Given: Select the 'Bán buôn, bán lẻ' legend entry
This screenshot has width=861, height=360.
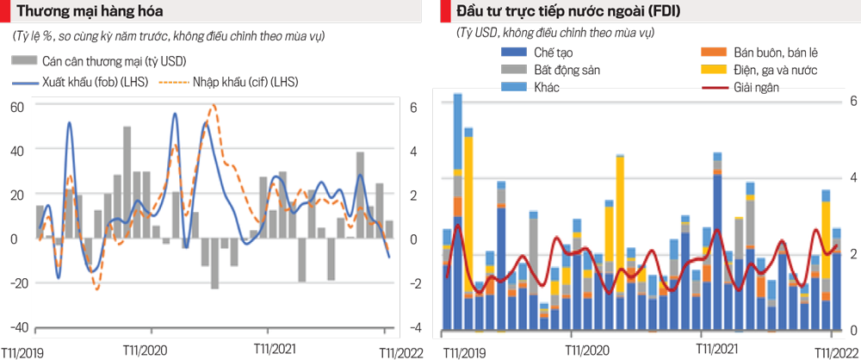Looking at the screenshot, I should (767, 53).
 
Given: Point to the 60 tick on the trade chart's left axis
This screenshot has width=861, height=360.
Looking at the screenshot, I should (16, 107).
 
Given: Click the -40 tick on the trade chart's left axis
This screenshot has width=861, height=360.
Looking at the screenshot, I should (16, 327).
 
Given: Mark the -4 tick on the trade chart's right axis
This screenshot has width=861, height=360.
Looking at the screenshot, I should (414, 327).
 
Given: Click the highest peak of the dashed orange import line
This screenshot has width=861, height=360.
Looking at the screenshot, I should (214, 105).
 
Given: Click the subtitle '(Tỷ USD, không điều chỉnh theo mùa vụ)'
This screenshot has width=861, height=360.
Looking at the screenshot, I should (555, 33).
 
